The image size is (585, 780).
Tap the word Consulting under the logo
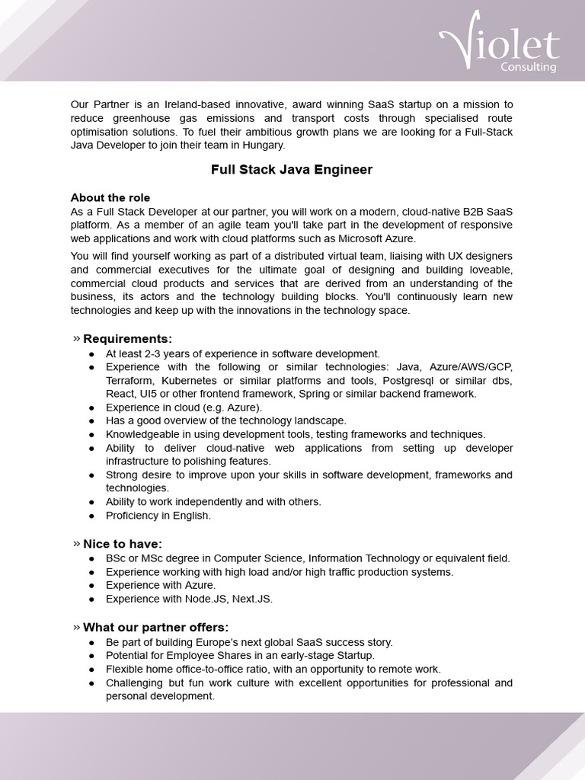528,67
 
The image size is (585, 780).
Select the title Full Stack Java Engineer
292,170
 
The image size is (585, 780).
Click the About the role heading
110,198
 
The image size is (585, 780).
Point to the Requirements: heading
127,338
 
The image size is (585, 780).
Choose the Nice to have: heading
122,544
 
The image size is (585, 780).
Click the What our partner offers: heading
155,627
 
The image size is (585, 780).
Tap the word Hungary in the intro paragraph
263,145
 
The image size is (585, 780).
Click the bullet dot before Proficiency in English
91,516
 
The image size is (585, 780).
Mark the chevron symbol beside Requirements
76,338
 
